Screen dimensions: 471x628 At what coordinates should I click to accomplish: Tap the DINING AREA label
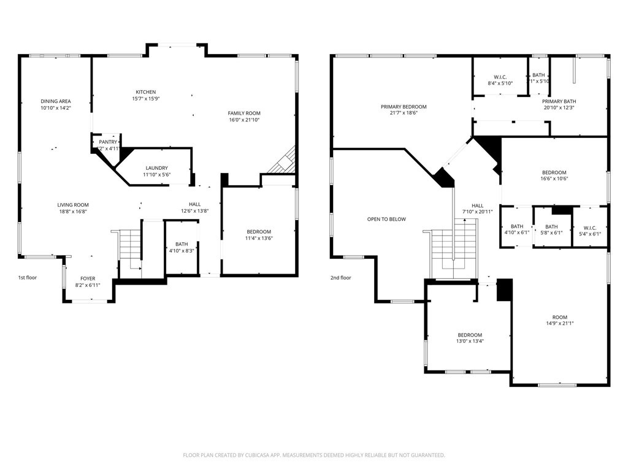coord(56,101)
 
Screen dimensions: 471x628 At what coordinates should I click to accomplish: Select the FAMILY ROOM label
coord(244,113)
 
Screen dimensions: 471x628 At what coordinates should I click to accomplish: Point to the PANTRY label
coord(108,142)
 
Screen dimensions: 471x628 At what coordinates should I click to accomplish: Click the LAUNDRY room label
coord(156,168)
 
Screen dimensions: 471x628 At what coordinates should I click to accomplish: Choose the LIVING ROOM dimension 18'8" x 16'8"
coord(73,212)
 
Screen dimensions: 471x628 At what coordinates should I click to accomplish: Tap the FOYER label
coord(88,278)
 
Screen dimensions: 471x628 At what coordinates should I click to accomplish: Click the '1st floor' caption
coord(28,278)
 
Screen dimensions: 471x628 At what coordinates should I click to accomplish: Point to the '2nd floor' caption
coord(340,278)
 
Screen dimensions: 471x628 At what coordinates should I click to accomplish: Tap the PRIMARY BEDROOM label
coord(403,107)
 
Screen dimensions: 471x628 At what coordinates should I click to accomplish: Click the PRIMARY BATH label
coord(559,101)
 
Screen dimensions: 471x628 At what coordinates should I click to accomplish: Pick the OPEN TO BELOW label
coord(386,219)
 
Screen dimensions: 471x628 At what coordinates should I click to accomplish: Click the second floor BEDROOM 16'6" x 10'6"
coord(554,172)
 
